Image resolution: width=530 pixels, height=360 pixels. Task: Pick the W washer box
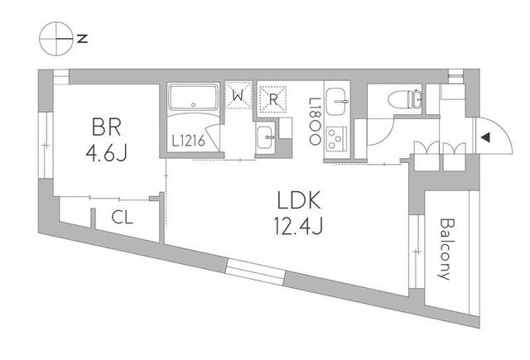pyautogui.click(x=238, y=97)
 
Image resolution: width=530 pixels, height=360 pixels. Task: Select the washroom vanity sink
pyautogui.click(x=266, y=137)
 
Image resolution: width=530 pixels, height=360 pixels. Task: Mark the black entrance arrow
pyautogui.click(x=486, y=137)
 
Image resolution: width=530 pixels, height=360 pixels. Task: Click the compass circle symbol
pyautogui.click(x=56, y=37)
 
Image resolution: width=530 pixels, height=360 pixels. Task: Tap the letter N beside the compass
pyautogui.click(x=83, y=38)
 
